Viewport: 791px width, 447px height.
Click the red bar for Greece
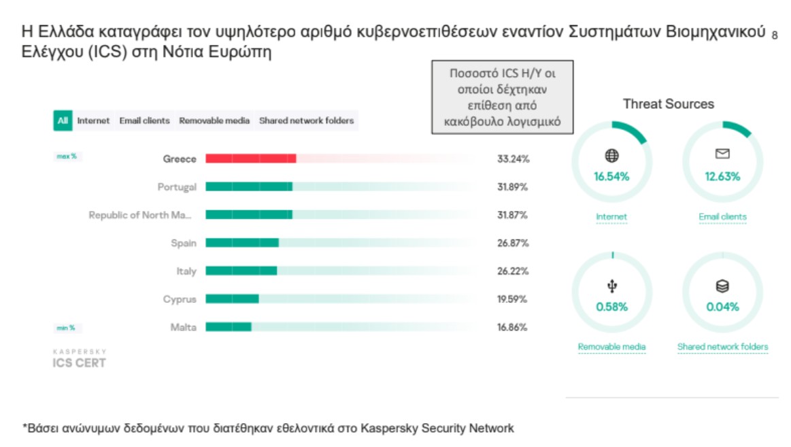point(250,159)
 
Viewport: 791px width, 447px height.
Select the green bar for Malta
point(229,327)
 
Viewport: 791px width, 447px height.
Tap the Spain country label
point(184,243)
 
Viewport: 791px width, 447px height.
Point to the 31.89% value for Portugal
point(513,187)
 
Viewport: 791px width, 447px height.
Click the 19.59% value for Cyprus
point(513,299)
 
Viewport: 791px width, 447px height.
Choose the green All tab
point(63,121)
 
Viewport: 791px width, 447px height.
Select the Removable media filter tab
point(214,121)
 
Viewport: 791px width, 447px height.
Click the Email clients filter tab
point(144,121)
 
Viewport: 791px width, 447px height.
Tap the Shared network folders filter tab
point(306,121)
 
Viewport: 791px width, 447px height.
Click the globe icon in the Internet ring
point(611,156)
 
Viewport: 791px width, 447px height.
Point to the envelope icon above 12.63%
point(722,154)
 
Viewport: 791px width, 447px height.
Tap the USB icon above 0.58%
point(611,286)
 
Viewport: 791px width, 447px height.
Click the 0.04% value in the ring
point(722,307)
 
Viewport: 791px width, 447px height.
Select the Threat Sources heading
point(668,104)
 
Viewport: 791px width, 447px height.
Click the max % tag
point(67,157)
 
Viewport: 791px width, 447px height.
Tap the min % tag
point(66,328)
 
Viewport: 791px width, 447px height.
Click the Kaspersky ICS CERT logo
point(80,359)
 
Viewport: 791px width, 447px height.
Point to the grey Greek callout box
point(502,98)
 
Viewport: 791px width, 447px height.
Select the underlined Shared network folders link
point(722,347)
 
